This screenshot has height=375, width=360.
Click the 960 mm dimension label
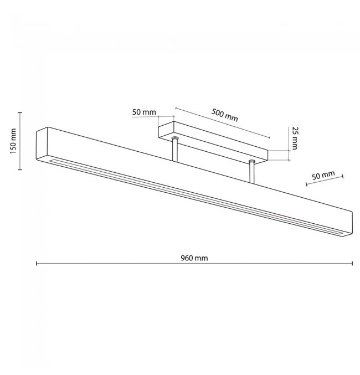coord(194,258)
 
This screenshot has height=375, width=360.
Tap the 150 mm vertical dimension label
coord(13,141)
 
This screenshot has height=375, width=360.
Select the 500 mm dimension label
coord(225,115)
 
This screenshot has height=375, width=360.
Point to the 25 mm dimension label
coord(295,138)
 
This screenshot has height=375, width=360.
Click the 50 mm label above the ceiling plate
coord(144,112)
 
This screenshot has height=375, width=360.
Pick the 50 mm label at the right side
coord(323,175)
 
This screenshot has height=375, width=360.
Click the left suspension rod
coord(174,150)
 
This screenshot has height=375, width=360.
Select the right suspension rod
coord(252,172)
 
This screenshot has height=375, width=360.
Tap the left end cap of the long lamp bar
coord(42,145)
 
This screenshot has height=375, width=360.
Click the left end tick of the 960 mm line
coord(37,263)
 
